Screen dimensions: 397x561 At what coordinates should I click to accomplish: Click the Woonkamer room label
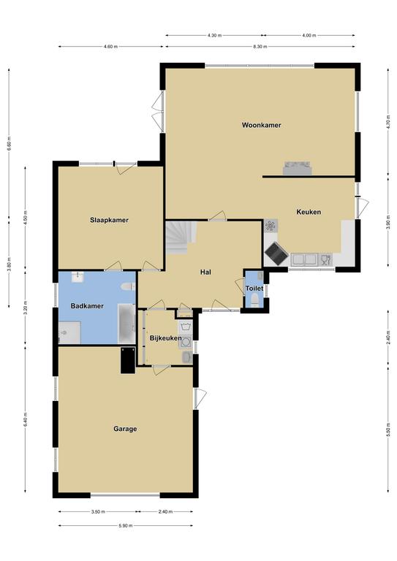[x=261, y=125]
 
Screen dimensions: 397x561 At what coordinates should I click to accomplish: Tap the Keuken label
[x=309, y=212]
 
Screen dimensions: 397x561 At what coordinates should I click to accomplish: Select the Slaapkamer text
[x=109, y=220]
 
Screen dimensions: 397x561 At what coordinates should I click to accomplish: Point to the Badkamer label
[x=87, y=306]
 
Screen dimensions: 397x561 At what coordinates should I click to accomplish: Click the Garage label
[x=125, y=429]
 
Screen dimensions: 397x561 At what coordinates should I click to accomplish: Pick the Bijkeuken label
[x=165, y=338]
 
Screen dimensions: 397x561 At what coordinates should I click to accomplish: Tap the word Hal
[x=205, y=272]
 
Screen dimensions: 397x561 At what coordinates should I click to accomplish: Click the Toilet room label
[x=254, y=289]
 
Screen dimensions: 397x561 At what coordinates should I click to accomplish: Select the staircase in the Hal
[x=181, y=237]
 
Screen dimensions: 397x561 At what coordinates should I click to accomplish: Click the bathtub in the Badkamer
[x=126, y=323]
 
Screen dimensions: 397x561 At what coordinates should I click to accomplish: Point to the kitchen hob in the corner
[x=276, y=253]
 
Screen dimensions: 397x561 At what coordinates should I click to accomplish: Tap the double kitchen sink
[x=304, y=259]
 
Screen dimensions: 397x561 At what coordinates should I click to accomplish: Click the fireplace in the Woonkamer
[x=297, y=168]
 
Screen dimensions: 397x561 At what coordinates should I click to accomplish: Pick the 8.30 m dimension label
[x=260, y=47]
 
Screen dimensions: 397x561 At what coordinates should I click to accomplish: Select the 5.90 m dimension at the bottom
[x=125, y=526]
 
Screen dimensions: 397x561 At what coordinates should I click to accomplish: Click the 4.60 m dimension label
[x=110, y=47]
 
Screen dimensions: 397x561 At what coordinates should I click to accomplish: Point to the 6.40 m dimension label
[x=25, y=420]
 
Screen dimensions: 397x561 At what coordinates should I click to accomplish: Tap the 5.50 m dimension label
[x=388, y=430]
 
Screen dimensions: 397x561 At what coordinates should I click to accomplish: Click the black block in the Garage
[x=128, y=360]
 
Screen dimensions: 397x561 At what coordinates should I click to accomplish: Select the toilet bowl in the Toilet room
[x=255, y=299]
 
